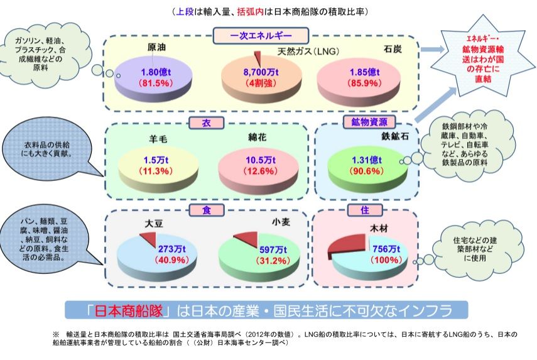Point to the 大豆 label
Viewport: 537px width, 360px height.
coord(155,223)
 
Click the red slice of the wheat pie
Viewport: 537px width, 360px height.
coord(246,239)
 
